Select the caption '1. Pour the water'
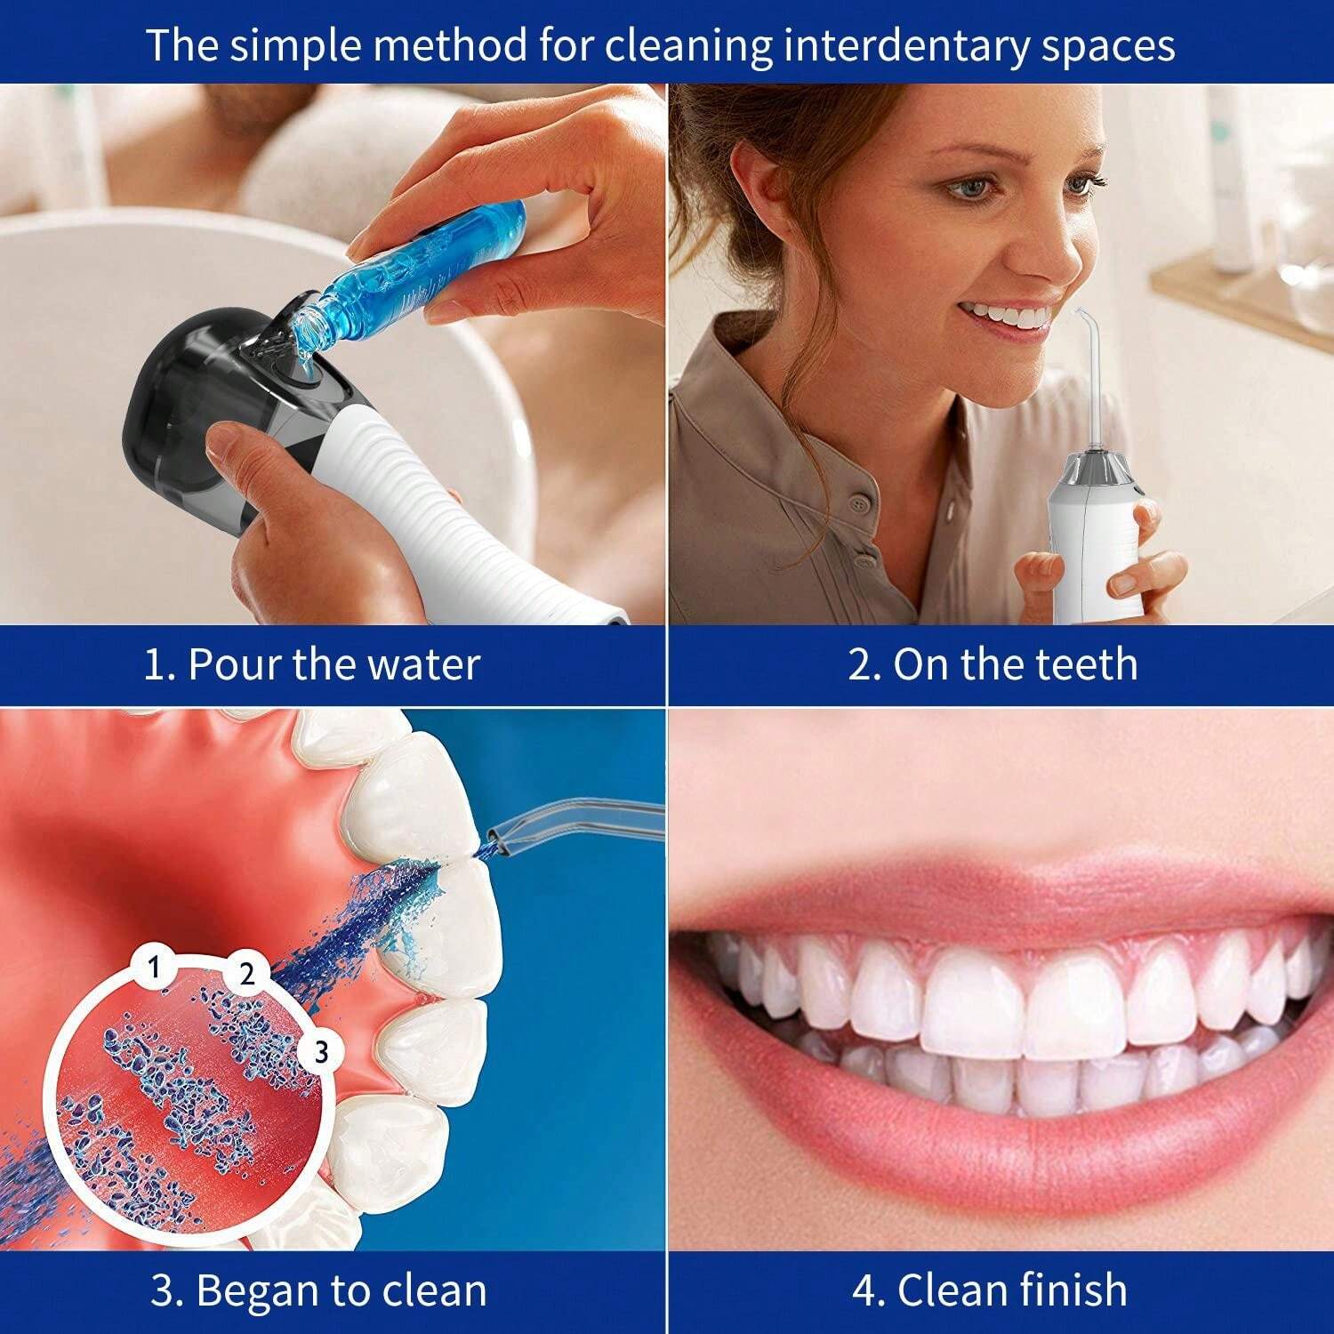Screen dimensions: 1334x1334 click(311, 665)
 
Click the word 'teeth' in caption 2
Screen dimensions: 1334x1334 click(1087, 665)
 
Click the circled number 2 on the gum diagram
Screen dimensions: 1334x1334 click(246, 973)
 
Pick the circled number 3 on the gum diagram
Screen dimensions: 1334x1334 click(321, 1052)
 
